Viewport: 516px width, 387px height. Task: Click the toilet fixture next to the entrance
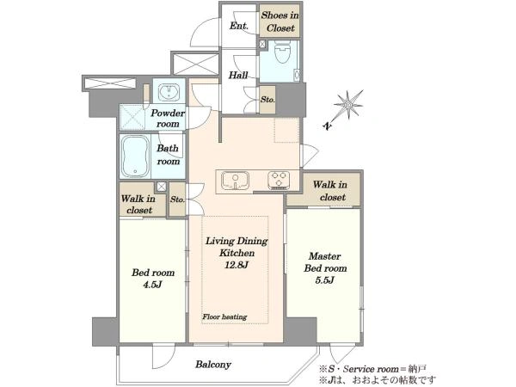(x=282, y=52)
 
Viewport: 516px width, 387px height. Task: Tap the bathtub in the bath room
(x=135, y=157)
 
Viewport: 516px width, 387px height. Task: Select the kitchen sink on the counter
(x=236, y=181)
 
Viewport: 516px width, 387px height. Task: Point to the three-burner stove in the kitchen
(x=279, y=181)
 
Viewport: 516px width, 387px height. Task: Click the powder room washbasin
(x=169, y=91)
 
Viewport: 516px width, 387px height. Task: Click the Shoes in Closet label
(x=280, y=21)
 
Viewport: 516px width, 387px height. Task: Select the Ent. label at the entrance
(x=239, y=26)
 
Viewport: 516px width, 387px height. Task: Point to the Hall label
(x=238, y=76)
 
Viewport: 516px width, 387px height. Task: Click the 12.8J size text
(x=236, y=265)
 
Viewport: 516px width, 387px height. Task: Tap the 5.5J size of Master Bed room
(x=325, y=280)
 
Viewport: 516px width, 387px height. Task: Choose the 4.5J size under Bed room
(x=153, y=285)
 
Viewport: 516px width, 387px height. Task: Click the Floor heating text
(x=224, y=316)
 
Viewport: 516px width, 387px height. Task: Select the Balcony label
(x=213, y=365)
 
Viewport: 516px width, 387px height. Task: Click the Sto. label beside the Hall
(x=267, y=100)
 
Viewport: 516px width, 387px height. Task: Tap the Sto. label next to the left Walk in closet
(x=177, y=200)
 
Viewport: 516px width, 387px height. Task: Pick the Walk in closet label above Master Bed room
(x=330, y=191)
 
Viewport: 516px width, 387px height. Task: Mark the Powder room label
(x=168, y=119)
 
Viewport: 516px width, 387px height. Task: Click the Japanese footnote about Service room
(x=373, y=369)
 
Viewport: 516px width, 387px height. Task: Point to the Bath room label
(x=169, y=155)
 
